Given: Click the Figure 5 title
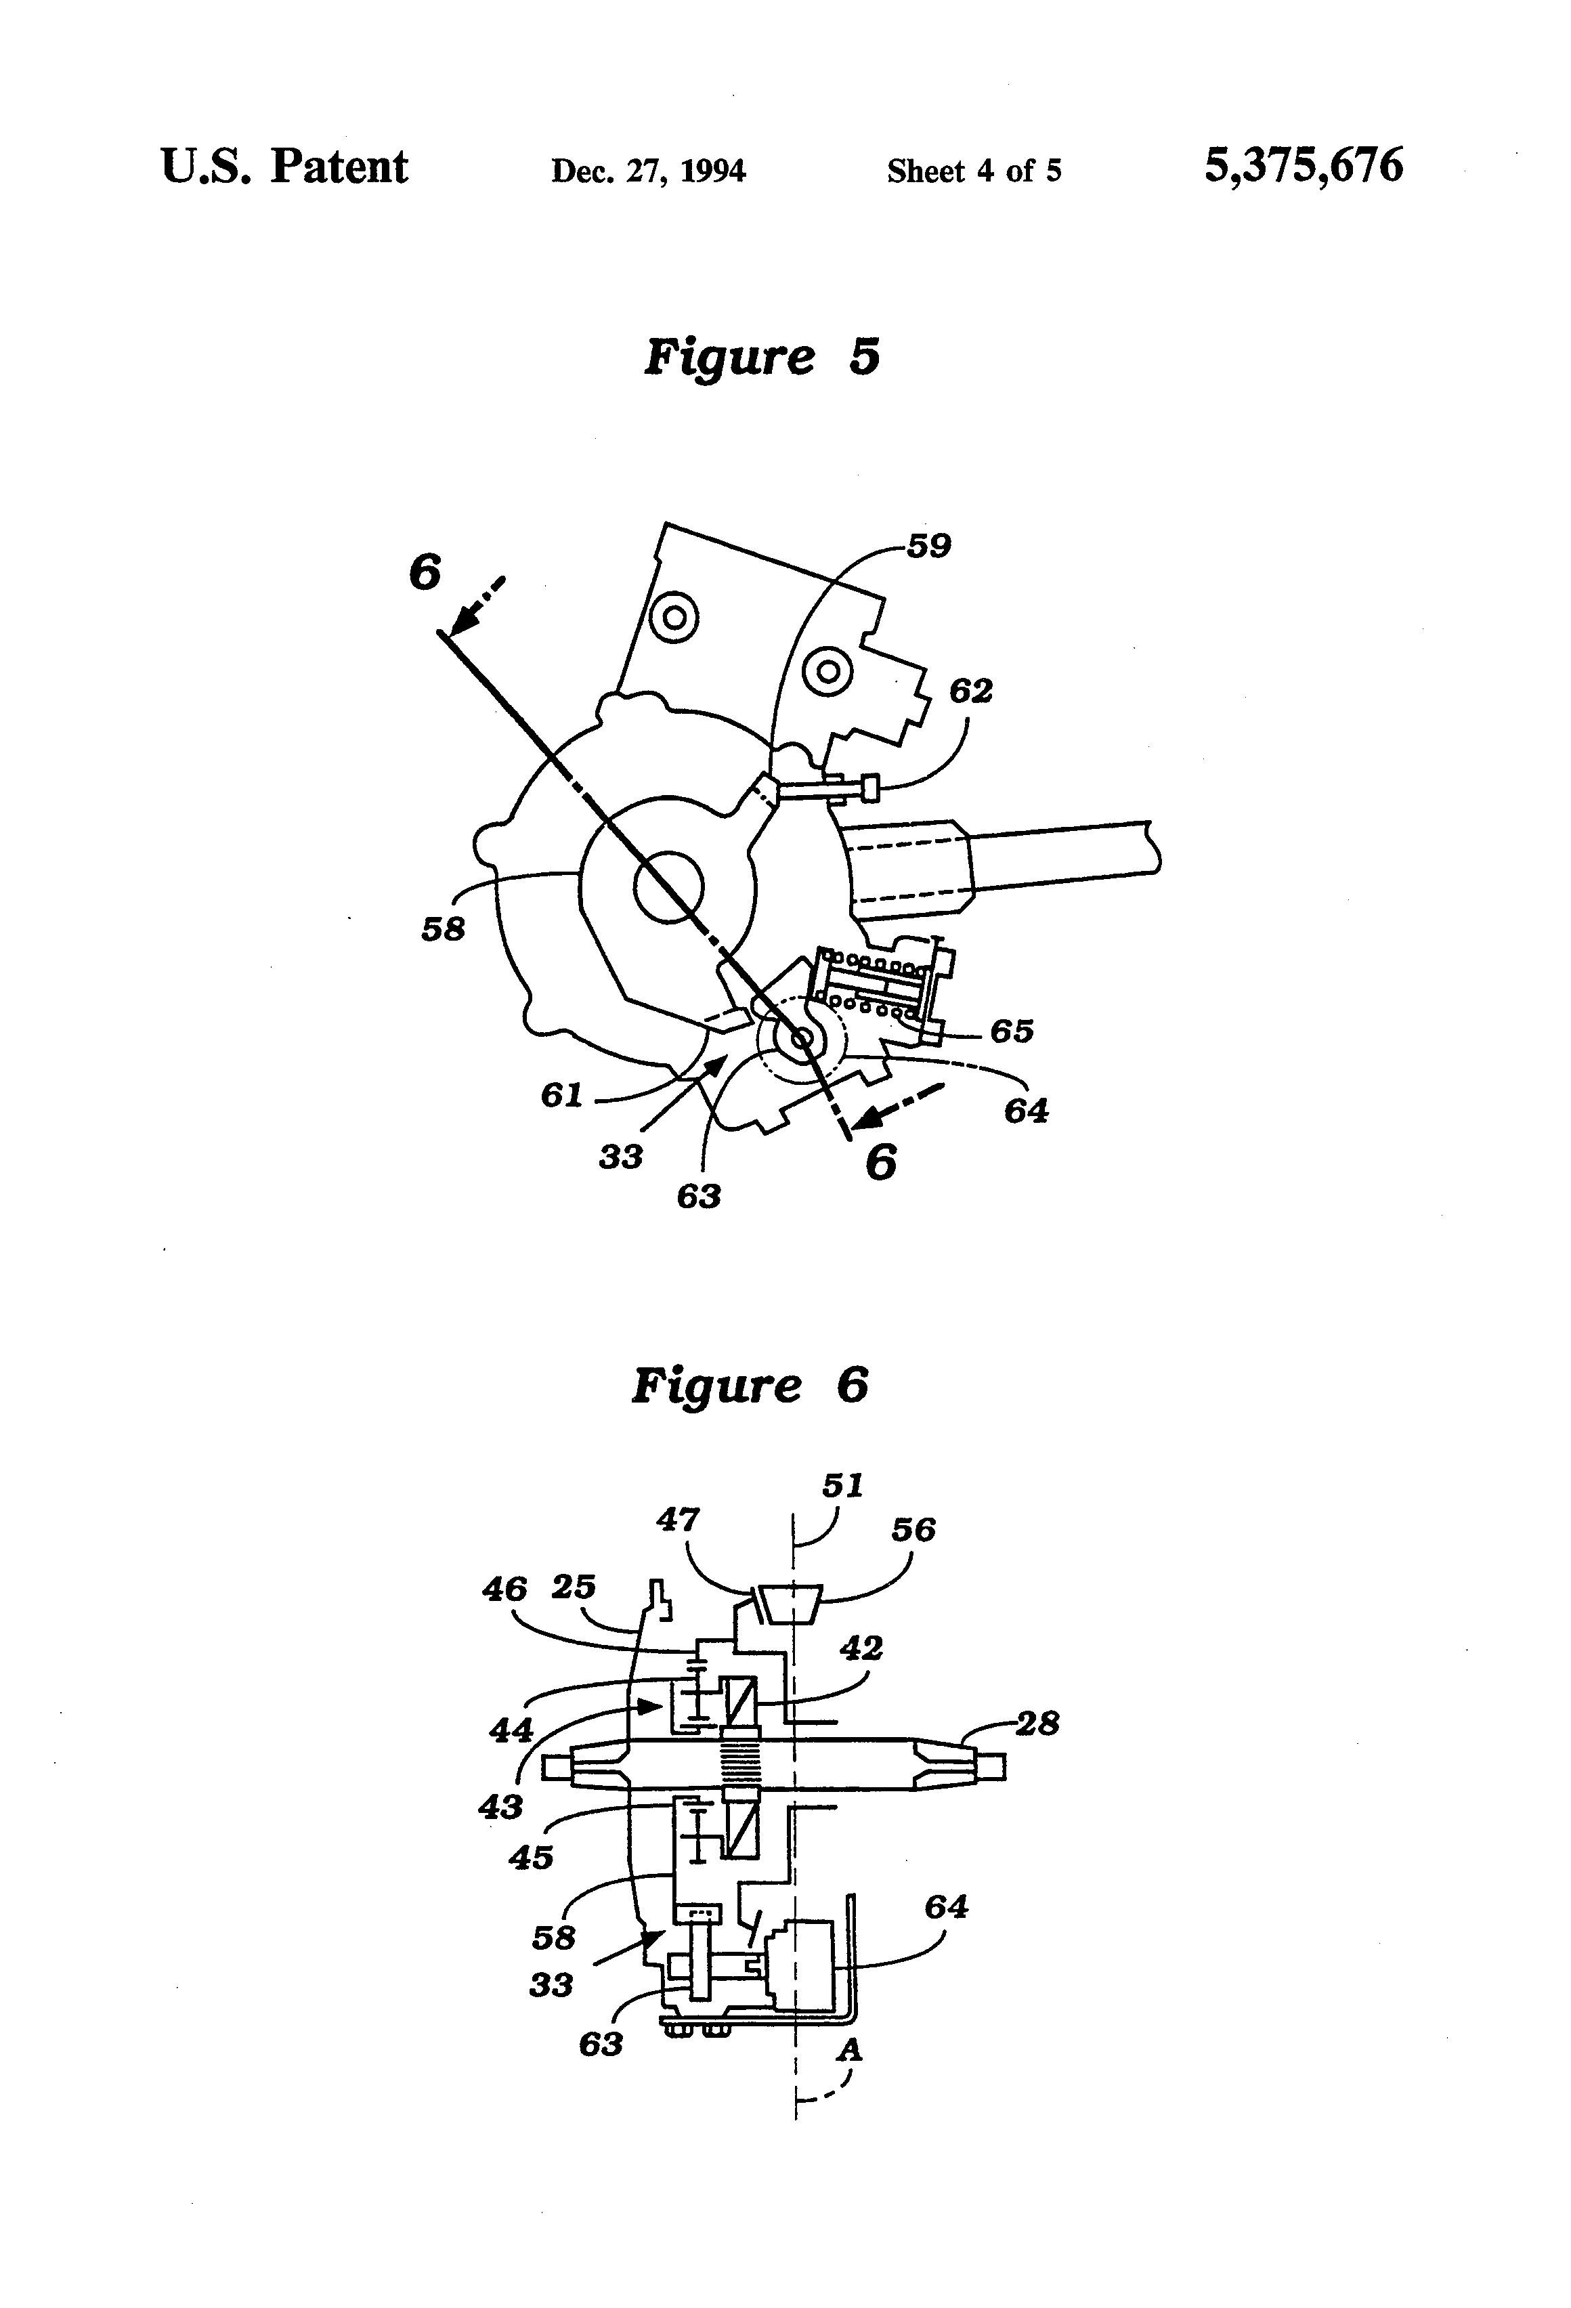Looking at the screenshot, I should (x=762, y=356).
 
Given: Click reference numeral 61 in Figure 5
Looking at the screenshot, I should (x=561, y=1094).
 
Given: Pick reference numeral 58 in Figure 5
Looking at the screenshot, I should (x=443, y=930).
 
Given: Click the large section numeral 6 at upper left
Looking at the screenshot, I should (x=425, y=572).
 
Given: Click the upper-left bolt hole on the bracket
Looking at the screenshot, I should (x=674, y=617).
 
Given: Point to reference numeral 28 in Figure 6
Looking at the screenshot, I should (x=1037, y=1723).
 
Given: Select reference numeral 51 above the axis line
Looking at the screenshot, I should (x=842, y=1486).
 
